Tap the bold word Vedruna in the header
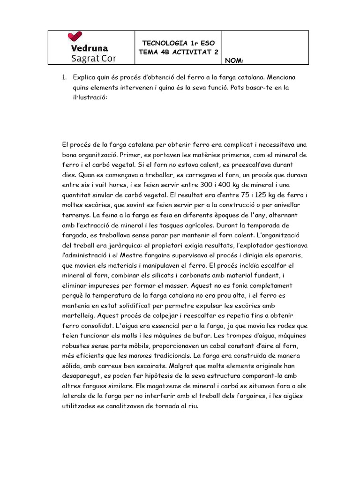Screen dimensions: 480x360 (90, 48)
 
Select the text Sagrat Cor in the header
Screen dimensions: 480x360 (93, 59)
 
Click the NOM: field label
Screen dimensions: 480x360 (234, 60)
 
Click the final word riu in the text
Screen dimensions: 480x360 (192, 406)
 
